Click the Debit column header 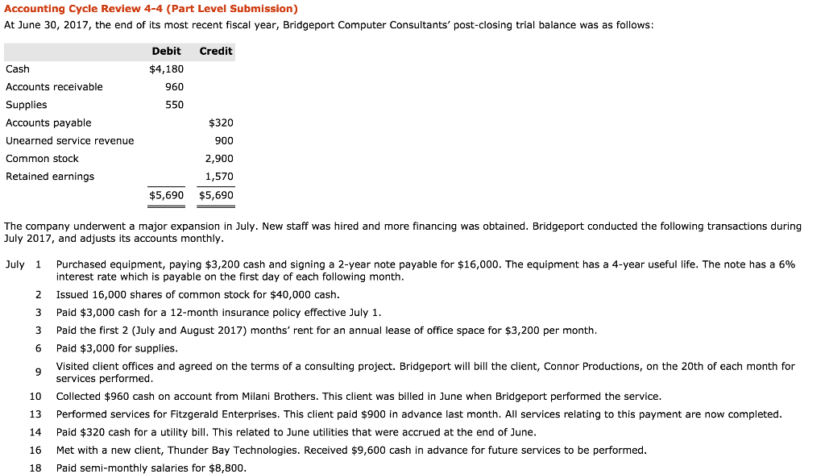tap(166, 51)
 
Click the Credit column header tap(216, 51)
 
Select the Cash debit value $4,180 tap(167, 69)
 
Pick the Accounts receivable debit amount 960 tap(174, 86)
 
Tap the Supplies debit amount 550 tap(174, 105)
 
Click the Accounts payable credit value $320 tap(221, 123)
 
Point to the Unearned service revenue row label tap(70, 140)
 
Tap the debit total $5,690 tap(167, 195)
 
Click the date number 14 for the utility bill tap(35, 432)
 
